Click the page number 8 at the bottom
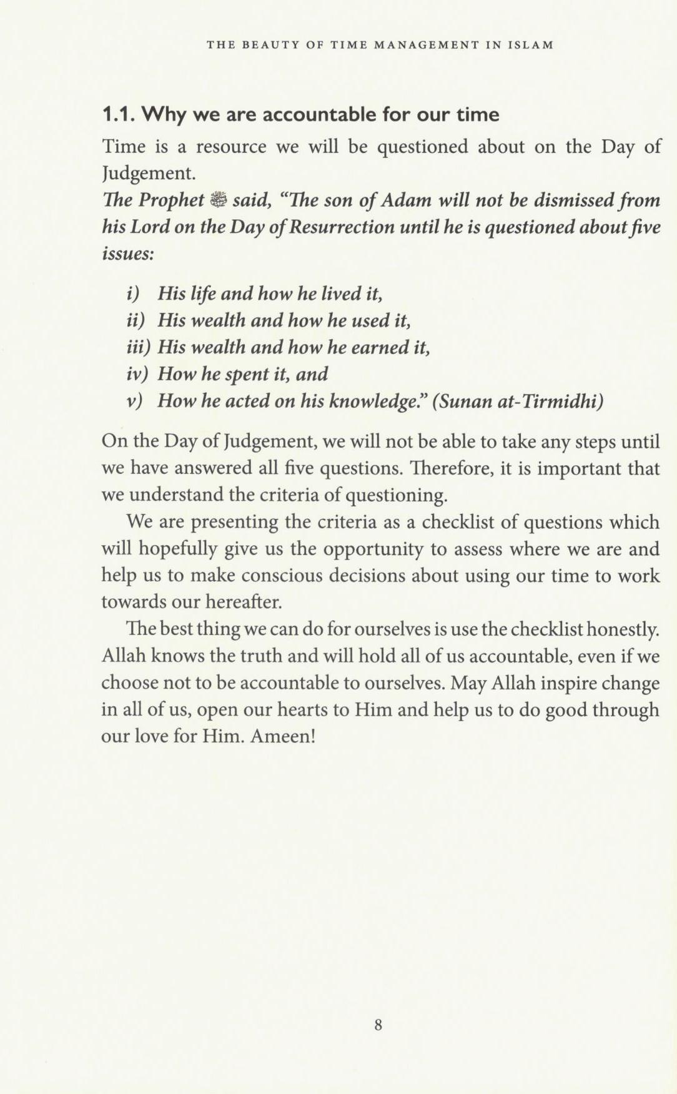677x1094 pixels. (x=378, y=1025)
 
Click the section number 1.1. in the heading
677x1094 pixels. (x=119, y=115)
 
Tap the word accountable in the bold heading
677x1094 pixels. (x=317, y=115)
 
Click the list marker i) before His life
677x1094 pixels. (x=132, y=293)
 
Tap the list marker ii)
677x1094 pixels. (x=135, y=320)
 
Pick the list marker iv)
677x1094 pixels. (x=137, y=374)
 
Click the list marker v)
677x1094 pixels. (x=134, y=401)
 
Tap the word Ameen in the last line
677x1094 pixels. (x=280, y=736)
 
